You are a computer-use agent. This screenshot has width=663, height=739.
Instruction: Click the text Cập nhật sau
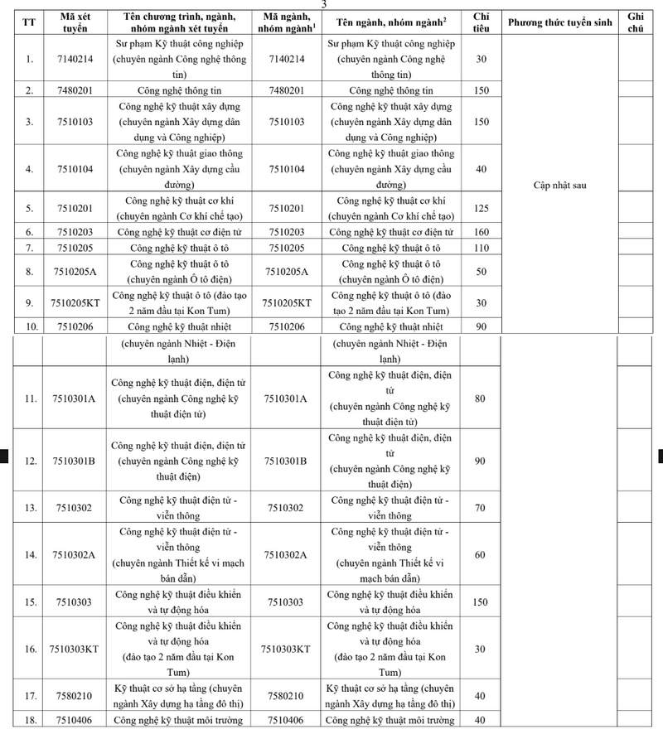click(x=559, y=186)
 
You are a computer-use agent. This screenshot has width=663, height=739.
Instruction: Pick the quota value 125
click(x=481, y=208)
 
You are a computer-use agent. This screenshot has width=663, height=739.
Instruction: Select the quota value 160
click(x=481, y=232)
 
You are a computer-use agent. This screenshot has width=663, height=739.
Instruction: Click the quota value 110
click(x=481, y=248)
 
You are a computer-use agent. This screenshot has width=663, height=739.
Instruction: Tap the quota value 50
click(x=481, y=271)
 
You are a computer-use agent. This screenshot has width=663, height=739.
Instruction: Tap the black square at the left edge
click(x=3, y=454)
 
